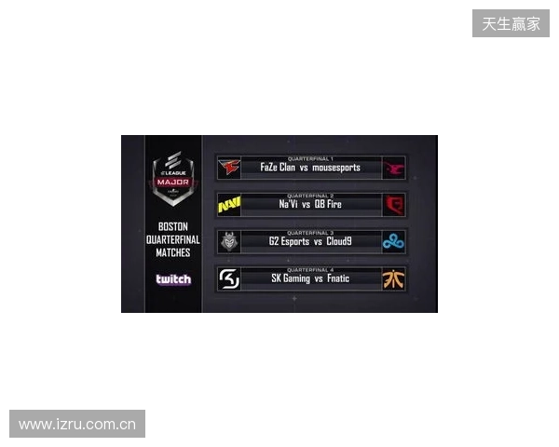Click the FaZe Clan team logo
tap(228, 168)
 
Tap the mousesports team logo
tap(394, 168)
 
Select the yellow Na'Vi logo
tap(228, 204)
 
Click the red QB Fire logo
tap(394, 204)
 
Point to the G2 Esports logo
tap(228, 241)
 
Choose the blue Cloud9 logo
tap(394, 241)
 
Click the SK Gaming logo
tap(228, 278)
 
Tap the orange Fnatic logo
tap(394, 278)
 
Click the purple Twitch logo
tap(173, 279)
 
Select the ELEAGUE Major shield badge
tap(172, 177)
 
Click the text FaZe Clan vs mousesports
tap(310, 169)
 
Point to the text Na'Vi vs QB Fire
tap(310, 205)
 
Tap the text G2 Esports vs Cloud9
tap(310, 241)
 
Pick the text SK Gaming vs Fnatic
tap(310, 278)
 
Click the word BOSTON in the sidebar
tap(173, 227)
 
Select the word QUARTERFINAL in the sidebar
tap(173, 239)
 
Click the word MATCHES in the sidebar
tap(173, 252)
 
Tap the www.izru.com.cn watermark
tap(77, 425)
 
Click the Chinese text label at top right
tap(511, 23)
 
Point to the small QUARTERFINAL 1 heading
tap(310, 158)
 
